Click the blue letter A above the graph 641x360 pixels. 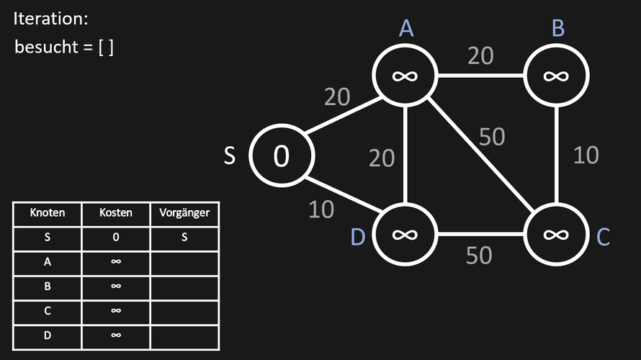tap(406, 28)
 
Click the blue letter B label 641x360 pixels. tap(558, 28)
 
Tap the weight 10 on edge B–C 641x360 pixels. tap(586, 156)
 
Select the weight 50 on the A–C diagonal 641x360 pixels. tap(492, 137)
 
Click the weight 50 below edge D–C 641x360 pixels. tap(479, 256)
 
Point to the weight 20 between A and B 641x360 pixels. tap(481, 55)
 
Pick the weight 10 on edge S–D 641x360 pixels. tap(321, 210)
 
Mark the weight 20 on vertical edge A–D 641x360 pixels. tap(382, 158)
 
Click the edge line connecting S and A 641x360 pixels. tap(344, 116)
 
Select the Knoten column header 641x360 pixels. tap(48, 212)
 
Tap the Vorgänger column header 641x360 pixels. tap(184, 213)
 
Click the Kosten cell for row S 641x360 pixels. tap(116, 238)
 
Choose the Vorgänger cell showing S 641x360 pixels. tap(184, 238)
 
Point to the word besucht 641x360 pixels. tap(46, 47)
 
